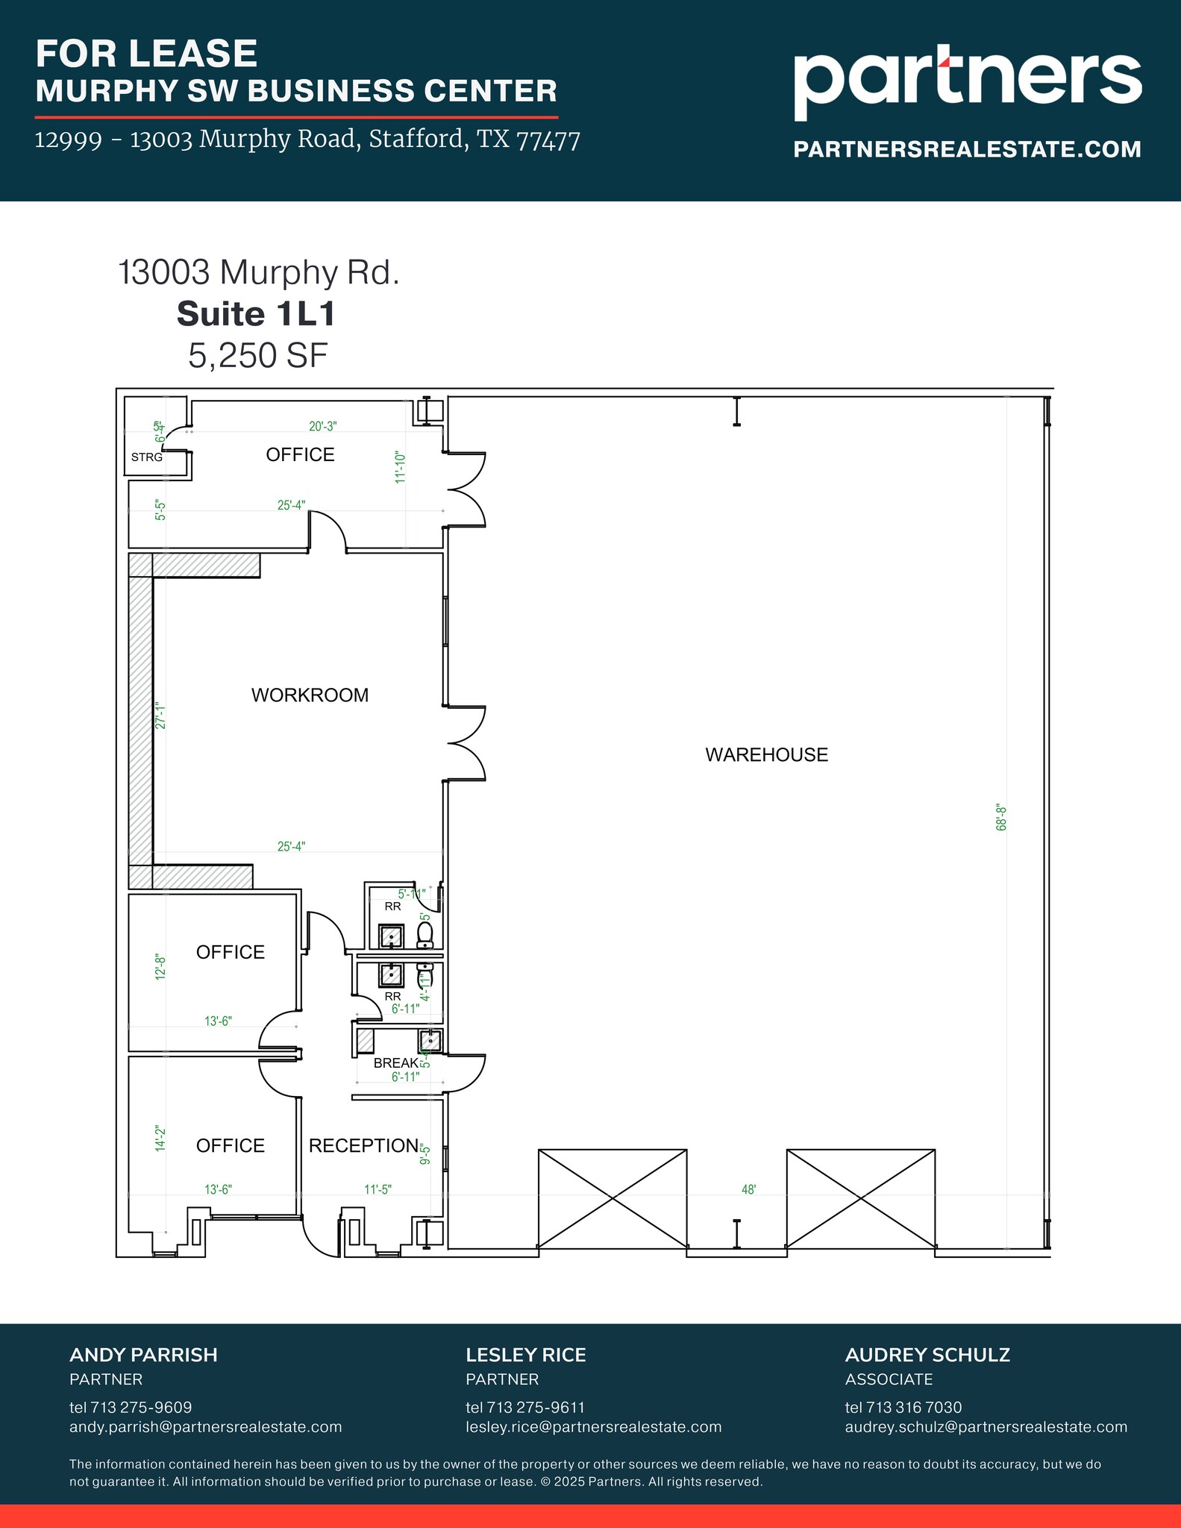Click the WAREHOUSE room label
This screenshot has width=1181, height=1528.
tap(766, 754)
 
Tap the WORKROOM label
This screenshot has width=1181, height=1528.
tap(310, 695)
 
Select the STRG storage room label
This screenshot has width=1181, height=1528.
tap(146, 457)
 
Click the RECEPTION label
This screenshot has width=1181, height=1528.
tap(363, 1145)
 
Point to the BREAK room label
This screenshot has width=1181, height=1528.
tap(395, 1062)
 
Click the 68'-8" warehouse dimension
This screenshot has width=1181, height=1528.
tap(1002, 818)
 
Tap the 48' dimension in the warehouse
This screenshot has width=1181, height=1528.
tap(748, 1189)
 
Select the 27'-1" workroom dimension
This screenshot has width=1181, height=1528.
tap(160, 715)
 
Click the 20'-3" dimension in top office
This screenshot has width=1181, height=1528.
tap(323, 426)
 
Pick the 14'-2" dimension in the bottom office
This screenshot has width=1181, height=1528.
tap(160, 1139)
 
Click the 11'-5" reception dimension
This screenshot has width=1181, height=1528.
tap(378, 1189)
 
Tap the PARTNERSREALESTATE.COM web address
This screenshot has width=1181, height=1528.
tap(967, 149)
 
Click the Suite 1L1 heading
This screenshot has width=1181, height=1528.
tap(256, 314)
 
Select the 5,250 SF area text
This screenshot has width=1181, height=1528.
tap(257, 355)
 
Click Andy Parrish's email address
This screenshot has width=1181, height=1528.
tap(205, 1427)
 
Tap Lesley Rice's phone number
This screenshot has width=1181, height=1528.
tap(525, 1407)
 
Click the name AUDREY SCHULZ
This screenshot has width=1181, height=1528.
tap(927, 1355)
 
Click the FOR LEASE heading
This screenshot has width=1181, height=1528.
tap(146, 54)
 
